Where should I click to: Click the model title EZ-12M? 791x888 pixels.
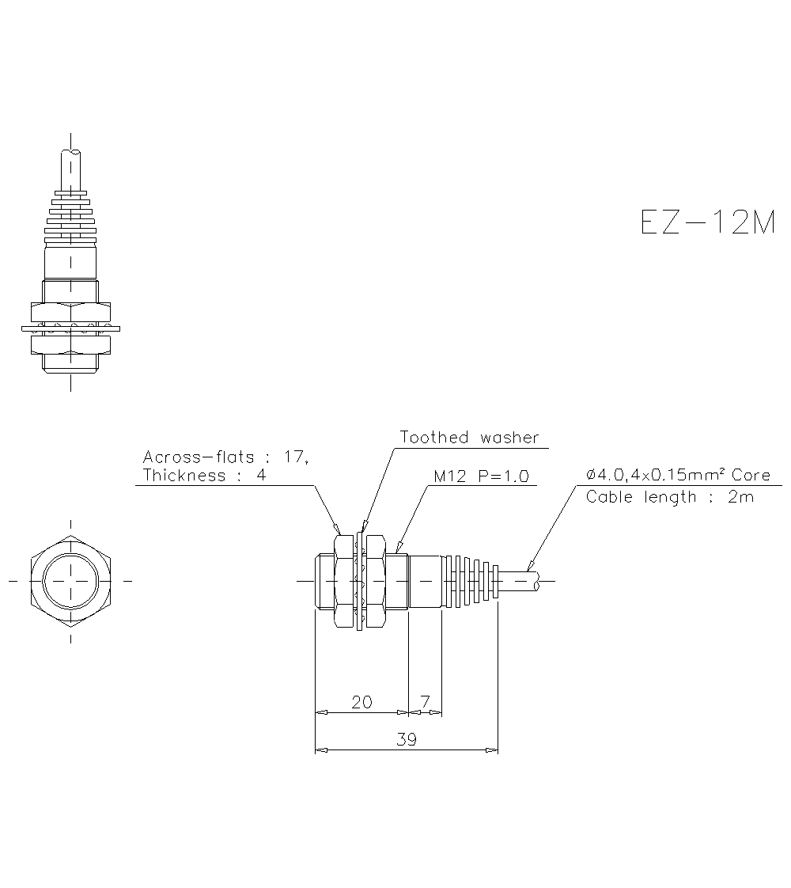tap(707, 222)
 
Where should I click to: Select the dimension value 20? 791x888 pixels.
tap(361, 702)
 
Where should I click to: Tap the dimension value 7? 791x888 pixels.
tap(425, 702)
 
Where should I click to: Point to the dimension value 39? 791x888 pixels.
tap(406, 739)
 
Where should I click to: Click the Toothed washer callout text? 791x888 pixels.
tap(469, 438)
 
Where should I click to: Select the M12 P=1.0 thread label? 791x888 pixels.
tap(481, 476)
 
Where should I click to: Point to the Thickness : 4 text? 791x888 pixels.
tap(204, 476)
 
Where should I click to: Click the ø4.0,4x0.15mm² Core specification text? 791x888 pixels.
tap(678, 475)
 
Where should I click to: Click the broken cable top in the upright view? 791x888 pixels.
tap(72, 152)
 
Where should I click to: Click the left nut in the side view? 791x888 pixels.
tap(343, 582)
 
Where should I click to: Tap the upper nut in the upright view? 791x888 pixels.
tap(71, 310)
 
